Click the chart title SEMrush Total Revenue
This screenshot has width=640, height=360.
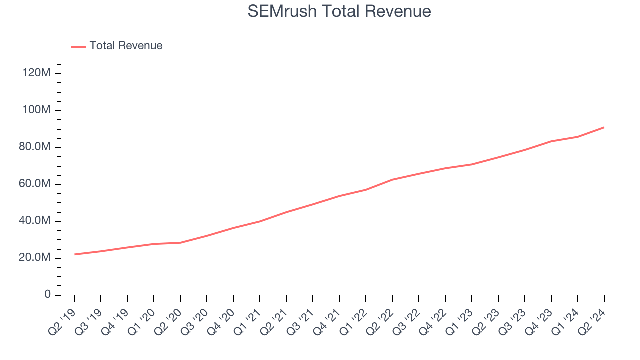(x=339, y=11)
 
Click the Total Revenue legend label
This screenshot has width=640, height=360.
(x=126, y=46)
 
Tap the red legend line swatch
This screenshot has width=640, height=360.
(x=78, y=46)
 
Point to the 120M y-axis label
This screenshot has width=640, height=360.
(x=36, y=73)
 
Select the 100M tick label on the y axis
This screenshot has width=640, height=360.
(x=36, y=110)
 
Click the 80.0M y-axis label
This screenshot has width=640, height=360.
(x=34, y=147)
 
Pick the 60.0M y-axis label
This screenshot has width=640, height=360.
(x=34, y=184)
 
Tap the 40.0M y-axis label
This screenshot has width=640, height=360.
(x=34, y=221)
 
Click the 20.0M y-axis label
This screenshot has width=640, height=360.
(x=34, y=258)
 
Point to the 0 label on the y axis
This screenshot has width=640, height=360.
(x=47, y=295)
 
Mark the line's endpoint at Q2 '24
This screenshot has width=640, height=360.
(x=604, y=127)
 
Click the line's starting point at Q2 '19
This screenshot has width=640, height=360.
(x=74, y=254)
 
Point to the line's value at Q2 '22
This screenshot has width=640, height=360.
(x=392, y=180)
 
